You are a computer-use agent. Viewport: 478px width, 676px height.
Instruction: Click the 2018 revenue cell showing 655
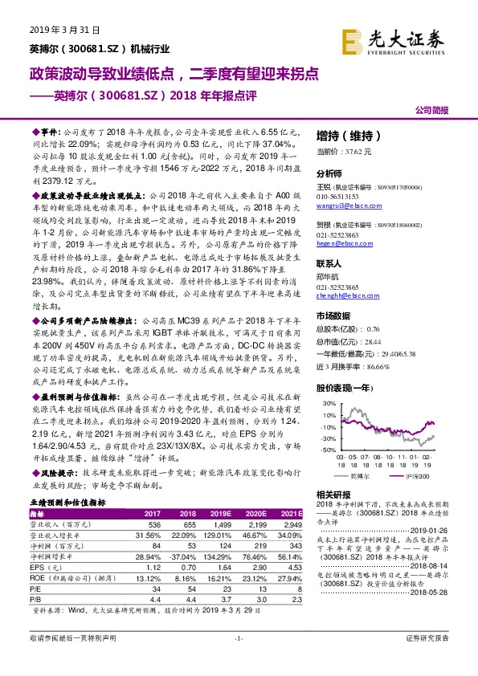click(x=185, y=523)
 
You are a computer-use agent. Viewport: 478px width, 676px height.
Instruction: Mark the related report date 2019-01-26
click(x=443, y=530)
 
